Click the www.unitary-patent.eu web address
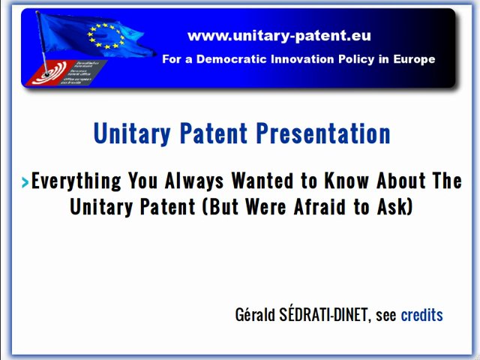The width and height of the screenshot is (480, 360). pyautogui.click(x=279, y=35)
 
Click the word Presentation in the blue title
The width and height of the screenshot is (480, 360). pyautogui.click(x=323, y=133)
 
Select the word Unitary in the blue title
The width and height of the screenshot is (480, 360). pyautogui.click(x=132, y=133)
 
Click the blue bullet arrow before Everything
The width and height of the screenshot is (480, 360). pyautogui.click(x=25, y=181)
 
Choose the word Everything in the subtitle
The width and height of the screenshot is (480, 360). pyautogui.click(x=76, y=181)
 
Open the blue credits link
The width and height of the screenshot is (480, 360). pyautogui.click(x=421, y=315)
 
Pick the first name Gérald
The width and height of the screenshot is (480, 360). pyautogui.click(x=253, y=315)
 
